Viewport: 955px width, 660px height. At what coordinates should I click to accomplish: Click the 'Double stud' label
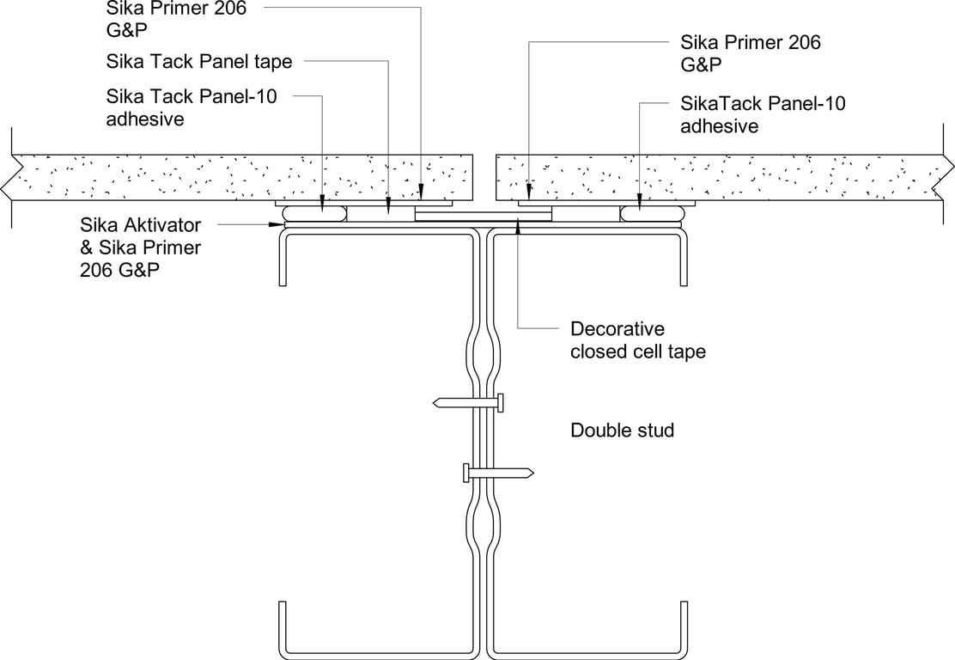(623, 430)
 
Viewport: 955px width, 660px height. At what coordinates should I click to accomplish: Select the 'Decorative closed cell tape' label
(638, 340)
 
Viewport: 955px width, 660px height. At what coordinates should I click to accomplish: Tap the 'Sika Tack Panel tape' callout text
(199, 62)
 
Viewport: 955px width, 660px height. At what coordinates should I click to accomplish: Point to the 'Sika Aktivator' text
(140, 226)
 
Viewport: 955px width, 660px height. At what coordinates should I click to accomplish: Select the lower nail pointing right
(498, 473)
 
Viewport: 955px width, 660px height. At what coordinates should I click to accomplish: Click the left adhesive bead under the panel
(318, 211)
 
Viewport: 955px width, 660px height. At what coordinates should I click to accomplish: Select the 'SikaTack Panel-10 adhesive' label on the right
(763, 114)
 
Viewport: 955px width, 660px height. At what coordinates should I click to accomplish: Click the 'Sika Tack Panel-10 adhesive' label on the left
(192, 107)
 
